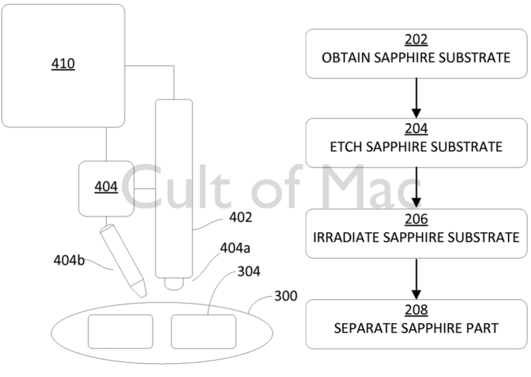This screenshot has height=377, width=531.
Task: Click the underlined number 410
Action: coord(63,63)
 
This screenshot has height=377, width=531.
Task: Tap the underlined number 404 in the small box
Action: coord(106,186)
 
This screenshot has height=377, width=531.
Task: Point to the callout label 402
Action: coord(241,217)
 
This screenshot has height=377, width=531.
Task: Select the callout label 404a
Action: coord(235,248)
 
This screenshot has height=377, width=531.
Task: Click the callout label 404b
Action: coord(69,260)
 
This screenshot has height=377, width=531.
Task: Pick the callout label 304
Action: coord(249,272)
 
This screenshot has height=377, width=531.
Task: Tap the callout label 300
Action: coord(286,296)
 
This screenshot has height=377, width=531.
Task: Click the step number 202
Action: coord(416,39)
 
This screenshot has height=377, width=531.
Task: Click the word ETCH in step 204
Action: coord(346,147)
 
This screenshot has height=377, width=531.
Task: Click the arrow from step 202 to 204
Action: coord(416,98)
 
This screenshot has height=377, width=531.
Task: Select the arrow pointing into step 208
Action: coord(416,279)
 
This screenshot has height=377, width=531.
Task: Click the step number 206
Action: coord(416,219)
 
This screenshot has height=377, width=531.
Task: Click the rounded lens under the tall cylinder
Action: coord(174,284)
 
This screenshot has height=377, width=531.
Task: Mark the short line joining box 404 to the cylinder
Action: coord(144,188)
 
